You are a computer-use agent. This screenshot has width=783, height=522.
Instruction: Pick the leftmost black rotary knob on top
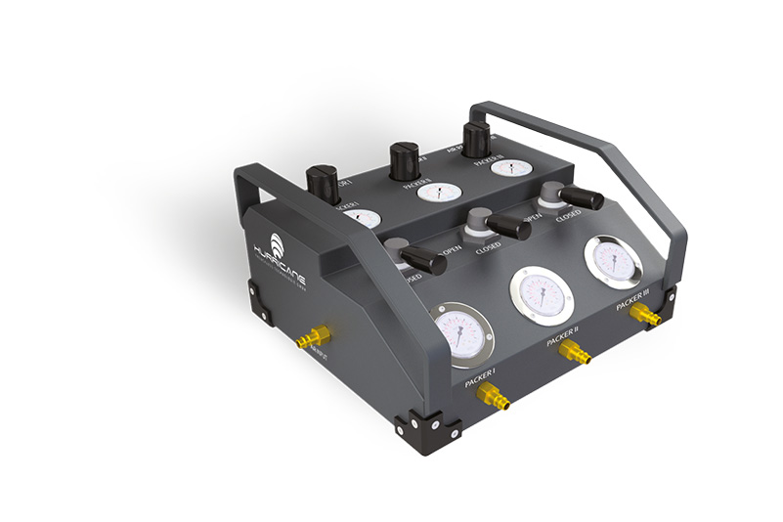[322, 182]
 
